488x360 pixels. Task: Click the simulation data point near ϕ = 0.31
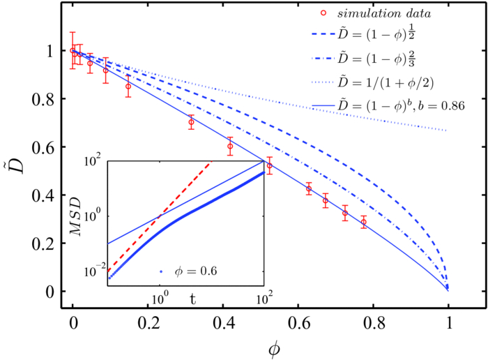191,122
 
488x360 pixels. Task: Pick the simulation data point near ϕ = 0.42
230,147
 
